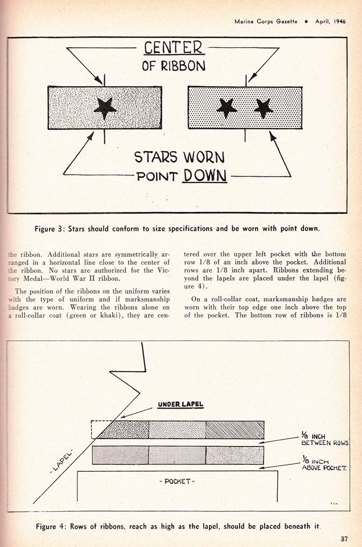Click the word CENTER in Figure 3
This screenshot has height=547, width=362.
[174, 48]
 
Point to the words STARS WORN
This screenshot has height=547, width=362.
[179, 156]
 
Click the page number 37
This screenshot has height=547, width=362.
[344, 538]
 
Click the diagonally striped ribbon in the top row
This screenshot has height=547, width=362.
[235, 430]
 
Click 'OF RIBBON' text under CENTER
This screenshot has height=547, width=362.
[174, 66]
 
